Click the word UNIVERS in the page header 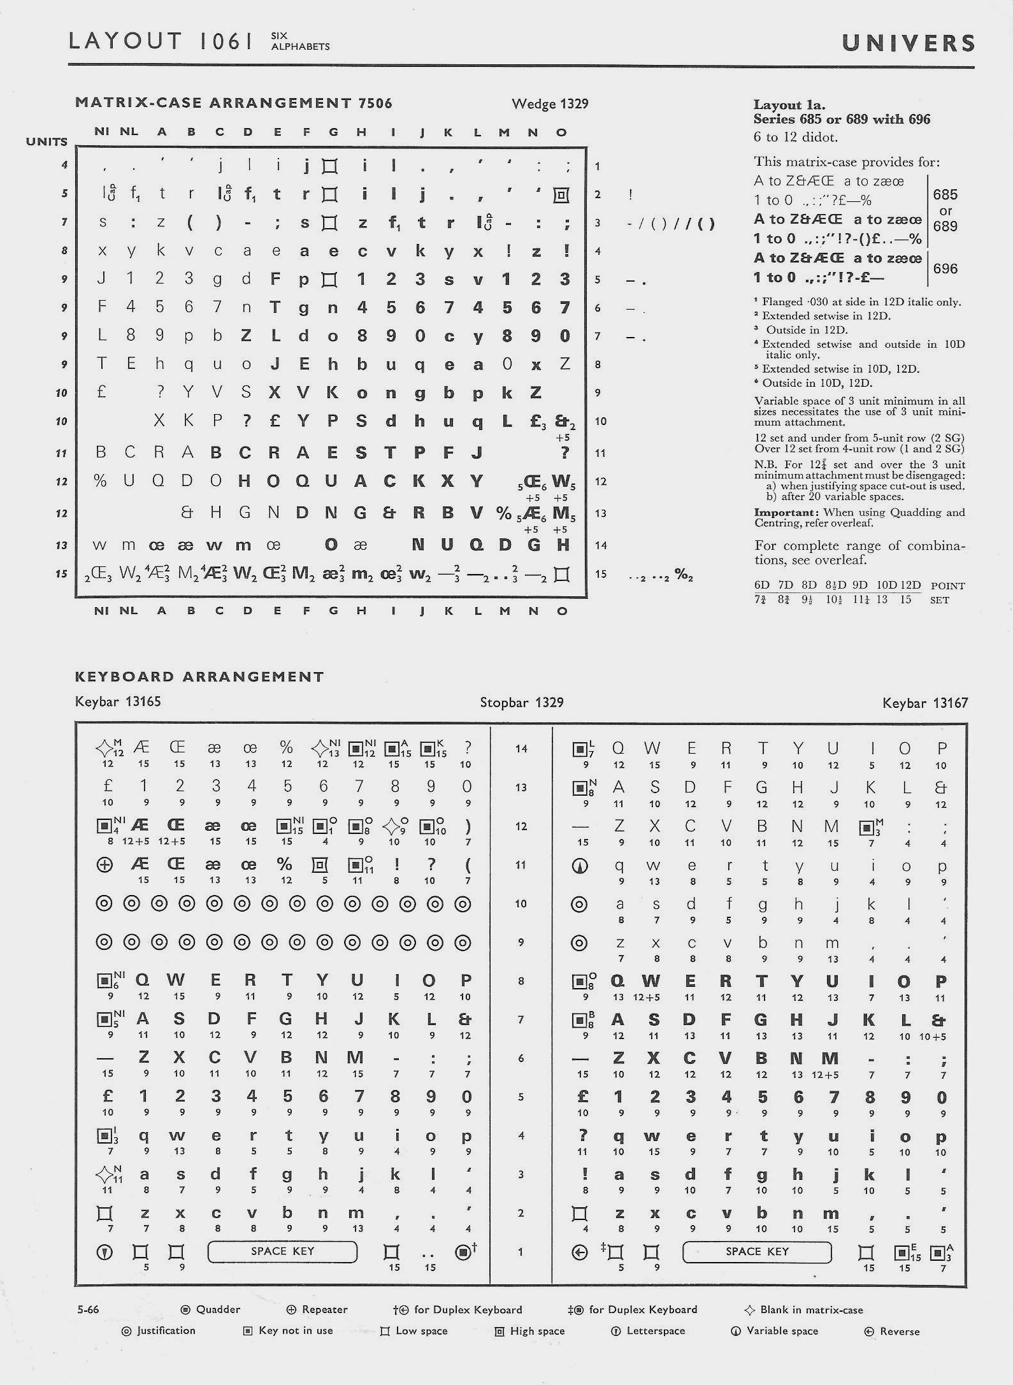pos(908,43)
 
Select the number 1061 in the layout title pos(226,41)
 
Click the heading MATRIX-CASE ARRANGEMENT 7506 pos(233,103)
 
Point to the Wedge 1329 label pos(550,104)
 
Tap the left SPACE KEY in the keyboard pos(282,1251)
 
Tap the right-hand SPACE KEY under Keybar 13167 pos(757,1251)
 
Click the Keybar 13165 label pos(118,701)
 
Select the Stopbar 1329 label pos(521,702)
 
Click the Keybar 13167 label pos(925,703)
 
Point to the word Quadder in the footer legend pos(218,1309)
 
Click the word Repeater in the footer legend pos(324,1309)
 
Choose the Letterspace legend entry pos(656,1331)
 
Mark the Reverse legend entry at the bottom pos(899,1331)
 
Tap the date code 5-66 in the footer pos(88,1309)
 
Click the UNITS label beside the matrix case pos(47,141)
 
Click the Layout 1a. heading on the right pos(789,105)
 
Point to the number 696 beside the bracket pos(945,268)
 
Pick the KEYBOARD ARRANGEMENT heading pos(199,677)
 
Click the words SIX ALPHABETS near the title pos(300,41)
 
